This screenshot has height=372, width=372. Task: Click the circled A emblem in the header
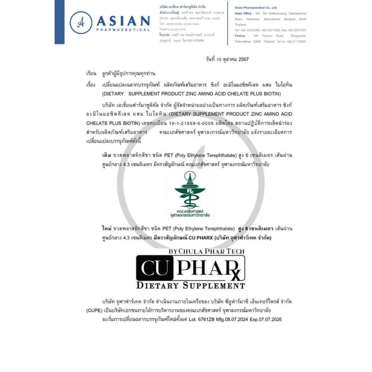coord(81,23)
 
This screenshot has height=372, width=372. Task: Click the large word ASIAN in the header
coord(123,21)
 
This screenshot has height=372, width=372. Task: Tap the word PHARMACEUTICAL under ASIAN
coord(123,30)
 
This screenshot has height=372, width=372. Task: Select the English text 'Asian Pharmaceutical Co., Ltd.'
coord(256,7)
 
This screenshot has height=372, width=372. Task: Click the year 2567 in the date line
coord(243,59)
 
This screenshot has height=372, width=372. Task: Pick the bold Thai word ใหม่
coord(107,229)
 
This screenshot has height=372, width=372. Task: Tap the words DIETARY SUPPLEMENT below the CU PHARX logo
coord(190,286)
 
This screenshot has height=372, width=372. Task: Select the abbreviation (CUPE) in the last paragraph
coord(94,311)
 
